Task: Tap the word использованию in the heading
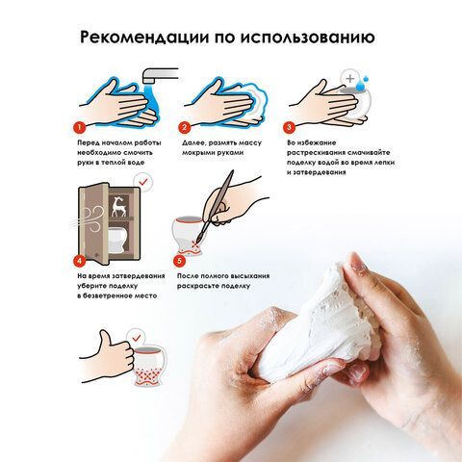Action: click(307, 38)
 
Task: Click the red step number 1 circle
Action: click(79, 128)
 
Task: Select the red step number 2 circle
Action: click(184, 128)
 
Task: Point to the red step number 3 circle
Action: click(289, 127)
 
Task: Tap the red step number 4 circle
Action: click(79, 260)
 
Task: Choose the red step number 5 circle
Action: click(179, 261)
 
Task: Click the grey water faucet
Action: click(160, 76)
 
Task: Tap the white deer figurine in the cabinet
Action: click(117, 207)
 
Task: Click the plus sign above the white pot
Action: click(350, 78)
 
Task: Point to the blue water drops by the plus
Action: click(363, 84)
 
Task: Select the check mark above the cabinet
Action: click(143, 182)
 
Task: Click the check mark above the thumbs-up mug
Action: click(137, 337)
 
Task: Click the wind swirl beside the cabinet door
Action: click(90, 218)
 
